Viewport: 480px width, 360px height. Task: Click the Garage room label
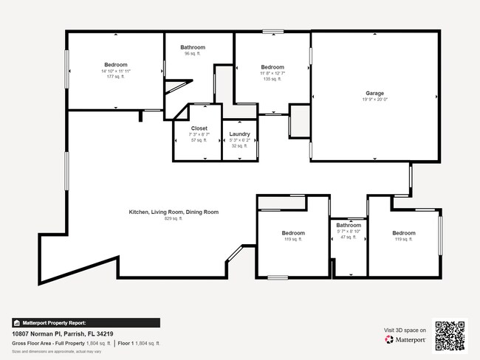(x=374, y=94)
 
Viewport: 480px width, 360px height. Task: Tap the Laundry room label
(x=240, y=134)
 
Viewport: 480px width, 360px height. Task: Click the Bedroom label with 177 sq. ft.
(x=116, y=64)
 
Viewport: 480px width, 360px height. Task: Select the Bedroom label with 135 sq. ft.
(x=272, y=67)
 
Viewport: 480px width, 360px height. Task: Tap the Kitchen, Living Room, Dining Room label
(x=174, y=212)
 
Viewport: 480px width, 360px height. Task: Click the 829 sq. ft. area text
(x=174, y=218)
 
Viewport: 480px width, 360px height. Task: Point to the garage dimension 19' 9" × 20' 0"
(x=374, y=100)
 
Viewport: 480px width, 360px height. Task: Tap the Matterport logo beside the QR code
(x=404, y=340)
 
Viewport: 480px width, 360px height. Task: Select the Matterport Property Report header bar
(x=85, y=322)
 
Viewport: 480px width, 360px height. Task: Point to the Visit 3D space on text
(x=405, y=330)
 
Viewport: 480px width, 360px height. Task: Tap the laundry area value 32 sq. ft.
(x=240, y=146)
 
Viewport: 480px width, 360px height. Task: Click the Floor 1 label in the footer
(x=126, y=343)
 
